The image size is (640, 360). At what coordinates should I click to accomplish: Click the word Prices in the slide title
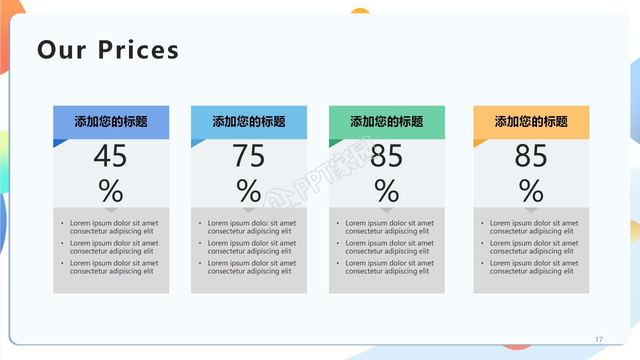138,50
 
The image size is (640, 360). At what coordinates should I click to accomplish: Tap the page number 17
598,339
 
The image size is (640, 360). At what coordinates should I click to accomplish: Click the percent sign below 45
110,190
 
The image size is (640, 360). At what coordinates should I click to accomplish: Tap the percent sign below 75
248,190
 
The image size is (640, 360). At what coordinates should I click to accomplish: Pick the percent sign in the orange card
531,190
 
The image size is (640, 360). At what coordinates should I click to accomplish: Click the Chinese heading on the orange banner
531,121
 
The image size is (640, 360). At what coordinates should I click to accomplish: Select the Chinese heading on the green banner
386,121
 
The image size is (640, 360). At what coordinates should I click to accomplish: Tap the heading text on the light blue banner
248,121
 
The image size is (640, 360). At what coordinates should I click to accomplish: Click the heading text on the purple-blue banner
110,121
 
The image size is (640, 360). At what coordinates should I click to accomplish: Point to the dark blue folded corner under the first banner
58,142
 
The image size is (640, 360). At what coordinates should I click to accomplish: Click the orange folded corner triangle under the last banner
478,142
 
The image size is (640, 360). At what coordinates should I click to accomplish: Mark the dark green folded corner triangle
333,142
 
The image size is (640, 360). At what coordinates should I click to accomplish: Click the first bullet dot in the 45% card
62,223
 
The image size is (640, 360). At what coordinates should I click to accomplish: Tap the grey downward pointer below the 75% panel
248,210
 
